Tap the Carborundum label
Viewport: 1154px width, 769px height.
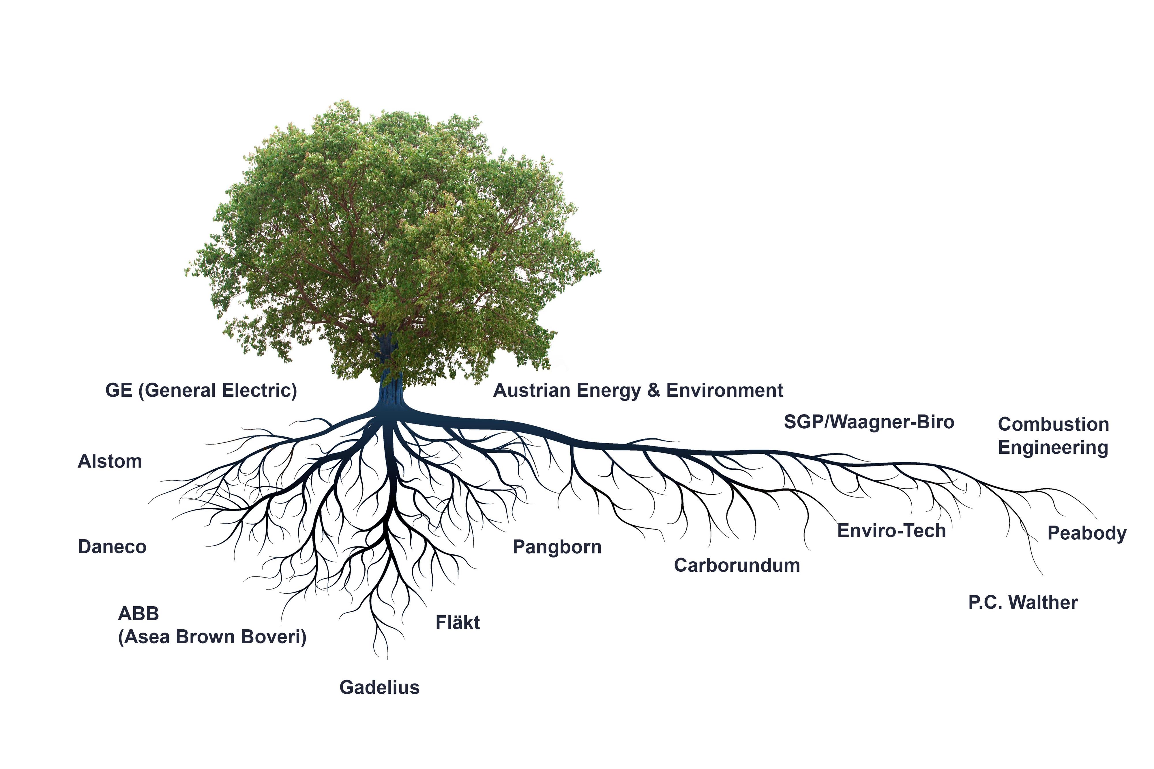point(737,565)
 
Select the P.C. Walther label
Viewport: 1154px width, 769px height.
point(1023,602)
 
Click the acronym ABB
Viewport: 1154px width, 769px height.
point(139,614)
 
